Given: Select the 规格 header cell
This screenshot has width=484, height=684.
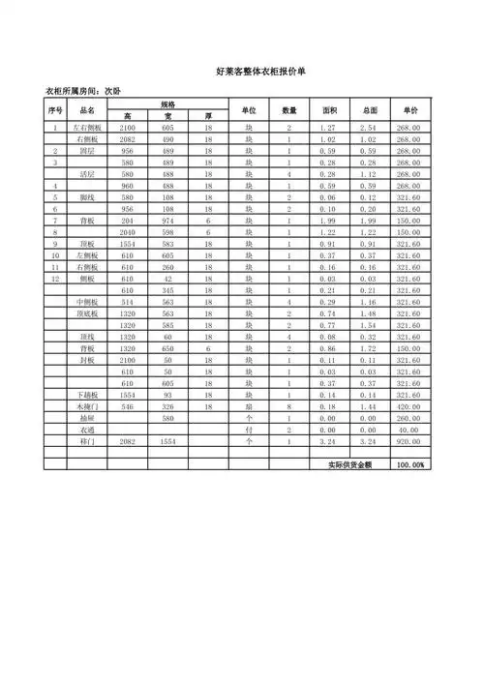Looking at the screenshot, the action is point(167,104).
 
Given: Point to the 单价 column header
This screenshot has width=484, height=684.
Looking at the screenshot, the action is point(408,109).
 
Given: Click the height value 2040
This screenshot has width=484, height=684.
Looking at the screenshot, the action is point(127,233).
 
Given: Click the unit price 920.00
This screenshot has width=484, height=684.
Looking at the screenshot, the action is point(408,441).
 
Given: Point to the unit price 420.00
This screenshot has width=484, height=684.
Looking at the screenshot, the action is point(408,408).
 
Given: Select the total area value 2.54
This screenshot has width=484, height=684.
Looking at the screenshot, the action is point(369,128).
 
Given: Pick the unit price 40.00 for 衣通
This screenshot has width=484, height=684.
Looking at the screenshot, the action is point(408,430).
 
